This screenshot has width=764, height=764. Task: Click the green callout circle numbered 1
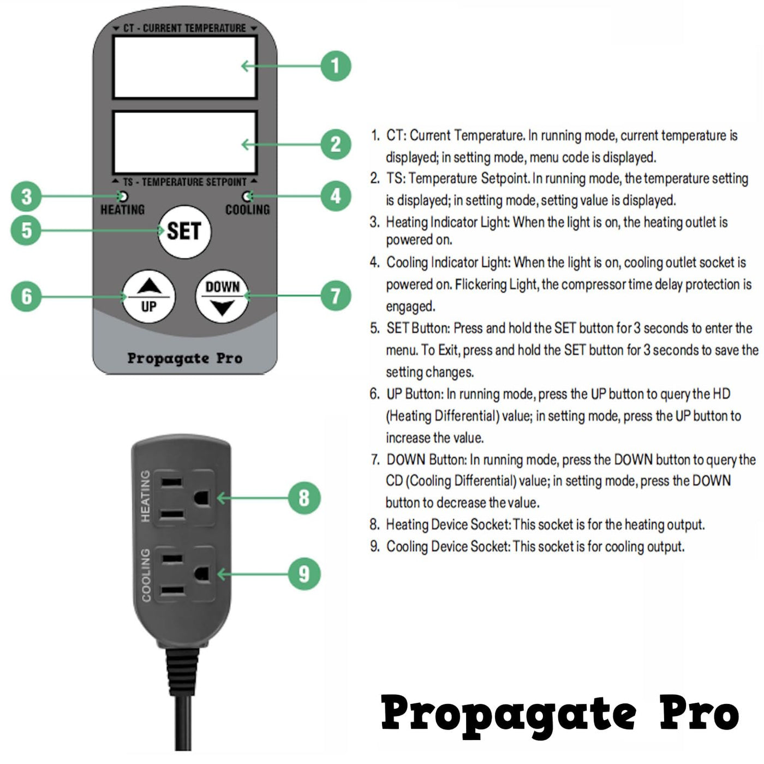pyautogui.click(x=336, y=66)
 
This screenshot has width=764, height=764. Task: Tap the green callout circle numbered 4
pyautogui.click(x=336, y=196)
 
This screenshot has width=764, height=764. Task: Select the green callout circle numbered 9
pyautogui.click(x=304, y=574)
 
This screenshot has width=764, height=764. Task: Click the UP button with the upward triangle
pyautogui.click(x=148, y=296)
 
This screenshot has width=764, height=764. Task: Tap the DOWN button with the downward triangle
pyautogui.click(x=223, y=296)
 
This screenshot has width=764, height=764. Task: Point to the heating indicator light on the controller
pyautogui.click(x=123, y=196)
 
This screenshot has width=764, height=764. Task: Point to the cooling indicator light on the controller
pyautogui.click(x=247, y=196)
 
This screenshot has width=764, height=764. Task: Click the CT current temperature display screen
pyautogui.click(x=185, y=67)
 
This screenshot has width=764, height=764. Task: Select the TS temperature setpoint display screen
pyautogui.click(x=185, y=143)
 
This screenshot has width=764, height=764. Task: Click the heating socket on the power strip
pyautogui.click(x=184, y=498)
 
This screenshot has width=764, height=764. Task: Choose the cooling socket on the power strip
pyautogui.click(x=184, y=574)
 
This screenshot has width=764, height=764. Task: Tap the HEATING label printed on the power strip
pyautogui.click(x=146, y=496)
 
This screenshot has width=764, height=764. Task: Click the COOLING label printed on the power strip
pyautogui.click(x=146, y=575)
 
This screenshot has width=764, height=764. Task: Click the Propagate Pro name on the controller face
pyautogui.click(x=185, y=359)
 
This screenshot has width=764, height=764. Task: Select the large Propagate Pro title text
pyautogui.click(x=560, y=717)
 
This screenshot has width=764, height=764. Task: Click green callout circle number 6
pyautogui.click(x=26, y=296)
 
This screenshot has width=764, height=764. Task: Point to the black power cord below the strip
pyautogui.click(x=183, y=699)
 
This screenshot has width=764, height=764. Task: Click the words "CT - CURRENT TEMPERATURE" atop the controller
pyautogui.click(x=185, y=28)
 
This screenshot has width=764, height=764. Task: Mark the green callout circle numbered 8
pyautogui.click(x=304, y=498)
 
